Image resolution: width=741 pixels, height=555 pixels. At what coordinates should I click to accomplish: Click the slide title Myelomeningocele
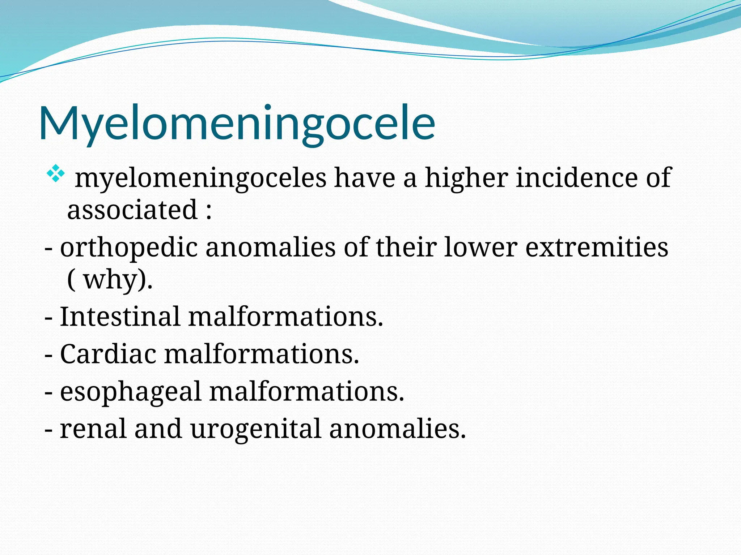[237, 123]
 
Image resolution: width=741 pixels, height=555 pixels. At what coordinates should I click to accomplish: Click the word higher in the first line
[466, 178]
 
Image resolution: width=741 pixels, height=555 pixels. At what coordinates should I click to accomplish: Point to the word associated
[132, 210]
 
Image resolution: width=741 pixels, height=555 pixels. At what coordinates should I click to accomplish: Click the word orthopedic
[129, 248]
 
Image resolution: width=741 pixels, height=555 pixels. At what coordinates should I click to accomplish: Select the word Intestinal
[120, 317]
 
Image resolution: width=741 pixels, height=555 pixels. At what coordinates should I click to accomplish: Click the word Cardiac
[108, 354]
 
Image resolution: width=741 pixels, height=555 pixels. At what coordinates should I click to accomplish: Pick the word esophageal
[130, 392]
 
